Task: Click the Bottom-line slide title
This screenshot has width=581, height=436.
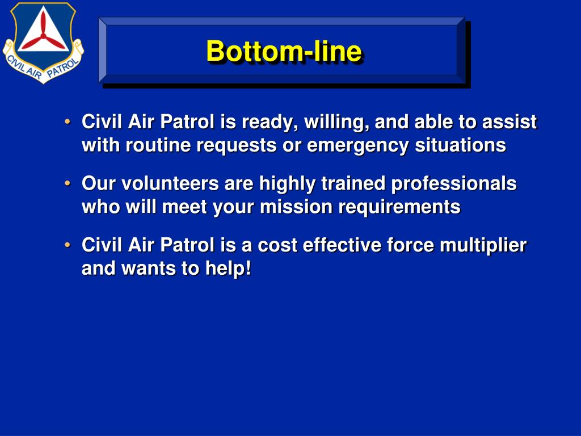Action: (284, 52)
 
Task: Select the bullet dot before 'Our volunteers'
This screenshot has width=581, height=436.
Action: (68, 183)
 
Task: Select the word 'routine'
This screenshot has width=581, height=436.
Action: (159, 145)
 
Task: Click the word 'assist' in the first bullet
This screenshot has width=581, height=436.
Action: (510, 121)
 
